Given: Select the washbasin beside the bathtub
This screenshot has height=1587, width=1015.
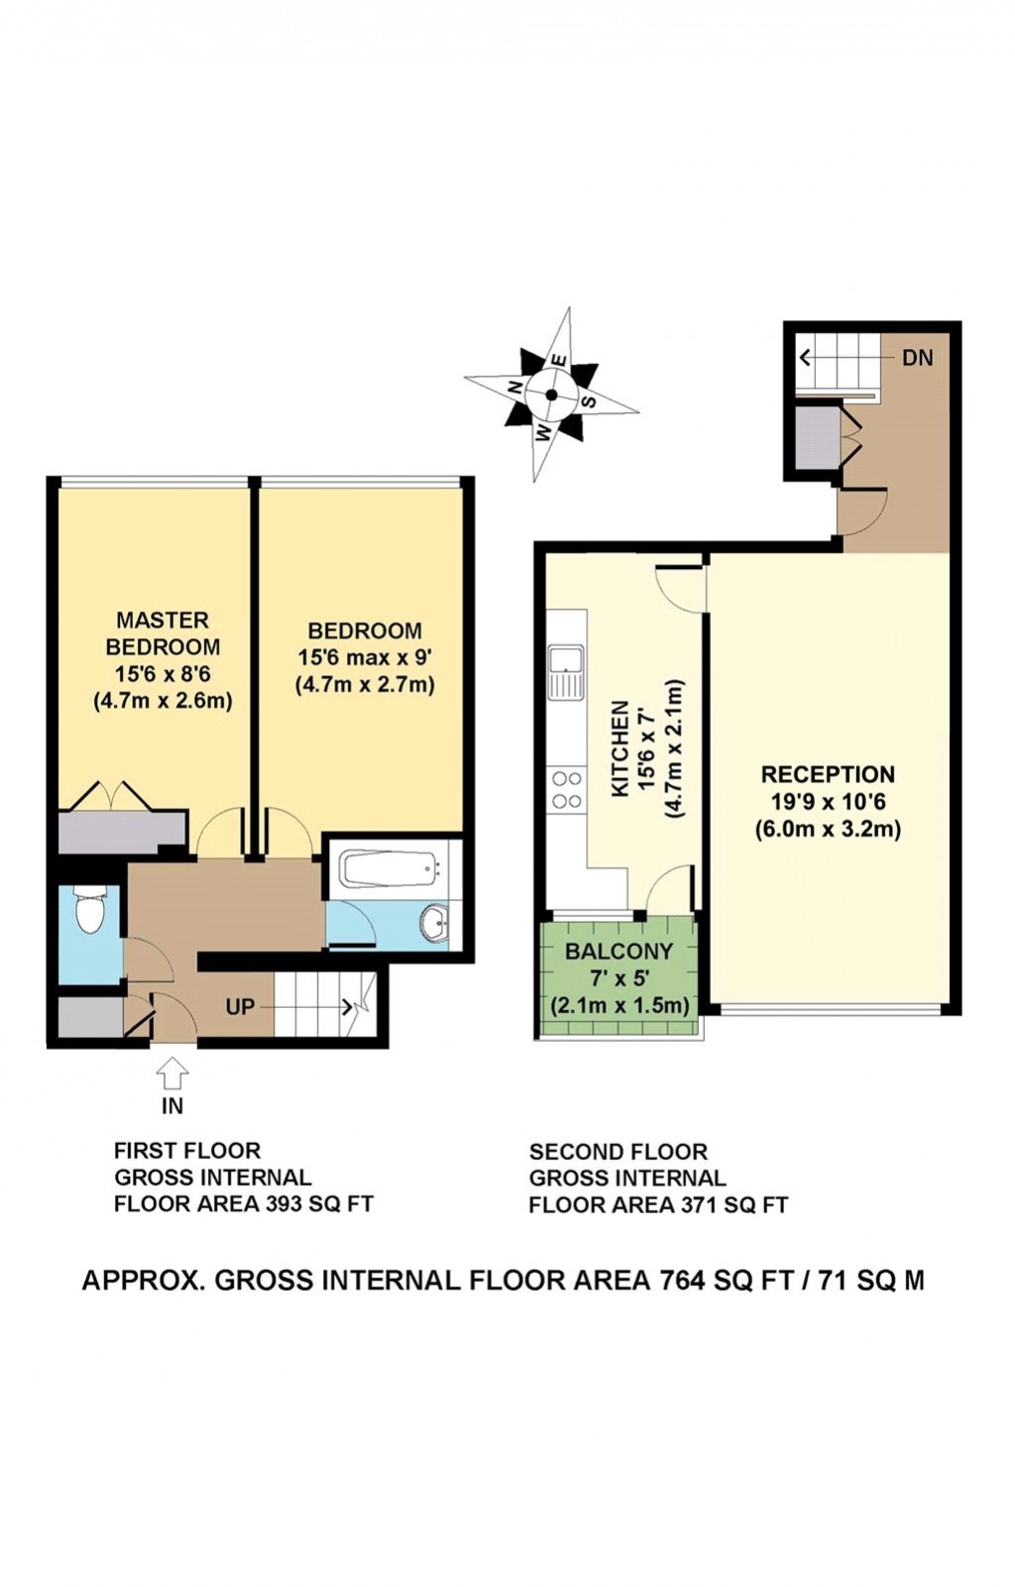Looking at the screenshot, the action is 434,924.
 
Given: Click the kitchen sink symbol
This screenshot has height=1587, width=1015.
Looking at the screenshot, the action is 568,671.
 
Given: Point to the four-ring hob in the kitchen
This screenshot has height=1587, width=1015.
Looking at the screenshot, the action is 567,790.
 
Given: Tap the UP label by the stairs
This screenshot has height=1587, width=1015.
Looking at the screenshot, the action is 240,1007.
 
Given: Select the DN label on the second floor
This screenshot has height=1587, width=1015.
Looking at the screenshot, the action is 917,358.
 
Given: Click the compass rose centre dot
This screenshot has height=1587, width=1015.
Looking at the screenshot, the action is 551,395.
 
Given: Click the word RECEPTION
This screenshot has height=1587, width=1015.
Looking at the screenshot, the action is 828,773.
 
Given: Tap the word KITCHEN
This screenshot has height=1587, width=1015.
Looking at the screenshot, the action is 620,748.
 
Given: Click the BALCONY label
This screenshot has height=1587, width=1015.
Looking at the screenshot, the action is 620,951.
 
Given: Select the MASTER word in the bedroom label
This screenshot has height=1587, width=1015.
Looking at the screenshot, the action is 163,621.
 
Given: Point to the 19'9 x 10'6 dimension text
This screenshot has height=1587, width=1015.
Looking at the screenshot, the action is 828,801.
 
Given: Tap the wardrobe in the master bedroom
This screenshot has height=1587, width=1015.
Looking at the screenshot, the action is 123,833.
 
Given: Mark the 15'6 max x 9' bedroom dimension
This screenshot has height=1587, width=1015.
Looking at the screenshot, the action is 365,658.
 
